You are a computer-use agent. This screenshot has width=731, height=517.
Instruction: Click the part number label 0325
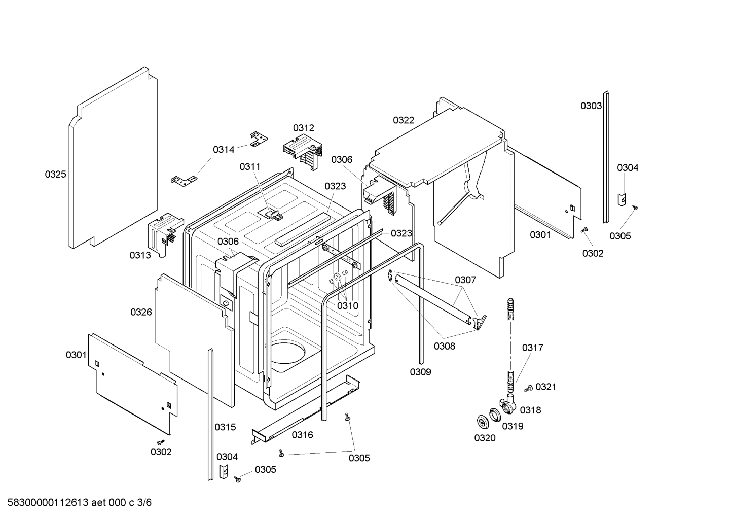click(55, 175)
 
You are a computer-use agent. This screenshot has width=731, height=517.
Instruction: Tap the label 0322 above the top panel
click(404, 120)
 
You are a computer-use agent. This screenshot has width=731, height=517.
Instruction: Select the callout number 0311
click(250, 166)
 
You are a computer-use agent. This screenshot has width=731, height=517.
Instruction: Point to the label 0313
click(140, 255)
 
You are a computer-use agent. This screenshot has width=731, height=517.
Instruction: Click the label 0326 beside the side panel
click(141, 312)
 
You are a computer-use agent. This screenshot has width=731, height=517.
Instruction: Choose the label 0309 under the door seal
click(420, 372)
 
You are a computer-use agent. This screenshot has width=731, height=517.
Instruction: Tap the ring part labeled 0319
click(495, 414)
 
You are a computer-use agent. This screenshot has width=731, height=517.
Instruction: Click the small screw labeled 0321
click(528, 388)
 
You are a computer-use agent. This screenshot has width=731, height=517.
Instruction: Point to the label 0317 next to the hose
click(532, 348)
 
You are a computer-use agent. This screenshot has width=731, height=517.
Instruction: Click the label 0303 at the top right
click(591, 106)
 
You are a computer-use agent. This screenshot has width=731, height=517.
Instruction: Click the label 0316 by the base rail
click(302, 435)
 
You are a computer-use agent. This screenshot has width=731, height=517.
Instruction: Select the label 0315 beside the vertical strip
click(225, 427)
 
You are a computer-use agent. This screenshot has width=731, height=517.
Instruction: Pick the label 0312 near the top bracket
click(303, 128)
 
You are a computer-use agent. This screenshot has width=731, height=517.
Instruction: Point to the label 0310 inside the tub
click(348, 305)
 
